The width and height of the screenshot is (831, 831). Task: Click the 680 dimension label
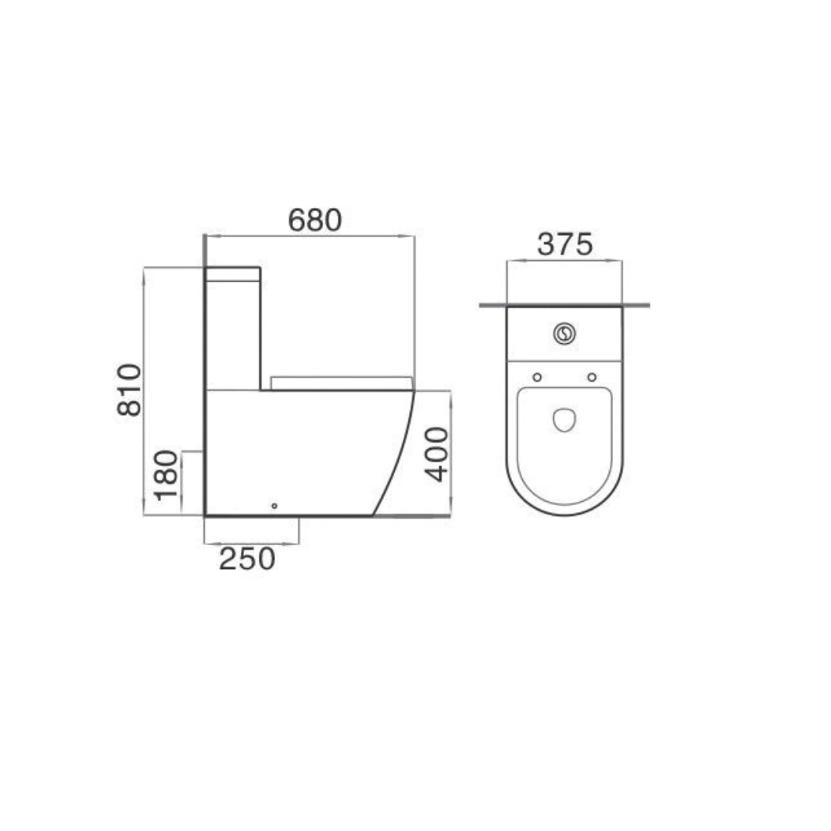tap(315, 220)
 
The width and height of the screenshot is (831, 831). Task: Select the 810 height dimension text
tap(129, 389)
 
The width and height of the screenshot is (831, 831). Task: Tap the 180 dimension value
tap(167, 475)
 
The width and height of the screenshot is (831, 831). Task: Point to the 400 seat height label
tap(437, 455)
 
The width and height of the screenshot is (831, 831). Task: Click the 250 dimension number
tap(248, 559)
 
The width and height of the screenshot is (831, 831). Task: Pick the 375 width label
tap(565, 245)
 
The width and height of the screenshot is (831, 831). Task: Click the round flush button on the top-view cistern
tap(564, 333)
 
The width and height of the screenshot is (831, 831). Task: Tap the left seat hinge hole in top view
tap(537, 378)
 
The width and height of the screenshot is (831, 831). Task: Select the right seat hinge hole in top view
tap(592, 378)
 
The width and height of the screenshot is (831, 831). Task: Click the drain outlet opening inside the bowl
tap(564, 419)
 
